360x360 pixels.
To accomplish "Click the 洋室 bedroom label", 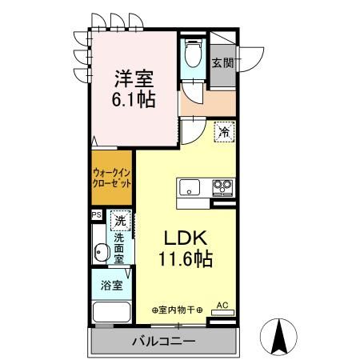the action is click(x=134, y=78).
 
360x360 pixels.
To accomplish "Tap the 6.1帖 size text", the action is click(x=134, y=100).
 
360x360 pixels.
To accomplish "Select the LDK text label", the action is click(x=186, y=238).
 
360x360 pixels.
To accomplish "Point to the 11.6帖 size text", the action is click(x=186, y=259).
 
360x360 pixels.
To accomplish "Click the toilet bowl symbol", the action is click(x=193, y=54).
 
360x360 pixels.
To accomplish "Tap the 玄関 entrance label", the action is click(x=222, y=63).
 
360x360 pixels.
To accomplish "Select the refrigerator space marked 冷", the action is click(x=224, y=132).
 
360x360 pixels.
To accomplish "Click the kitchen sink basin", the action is click(x=190, y=187).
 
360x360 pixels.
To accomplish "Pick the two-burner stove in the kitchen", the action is click(x=222, y=188).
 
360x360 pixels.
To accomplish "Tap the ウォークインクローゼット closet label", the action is click(x=111, y=178).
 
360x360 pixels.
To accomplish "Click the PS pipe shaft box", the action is click(x=97, y=215).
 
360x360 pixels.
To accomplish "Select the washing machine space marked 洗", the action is click(x=120, y=221).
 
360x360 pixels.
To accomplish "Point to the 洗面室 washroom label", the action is click(x=118, y=249).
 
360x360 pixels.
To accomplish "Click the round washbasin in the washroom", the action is click(x=102, y=252).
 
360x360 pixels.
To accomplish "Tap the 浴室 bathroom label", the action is click(x=112, y=286).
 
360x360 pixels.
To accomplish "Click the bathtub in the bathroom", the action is click(x=111, y=312).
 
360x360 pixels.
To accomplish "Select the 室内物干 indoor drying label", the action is click(x=177, y=310).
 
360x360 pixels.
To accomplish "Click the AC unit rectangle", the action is click(x=222, y=313).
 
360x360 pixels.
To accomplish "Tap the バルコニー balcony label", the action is click(x=164, y=341).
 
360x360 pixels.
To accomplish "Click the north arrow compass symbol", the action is click(x=278, y=337).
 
